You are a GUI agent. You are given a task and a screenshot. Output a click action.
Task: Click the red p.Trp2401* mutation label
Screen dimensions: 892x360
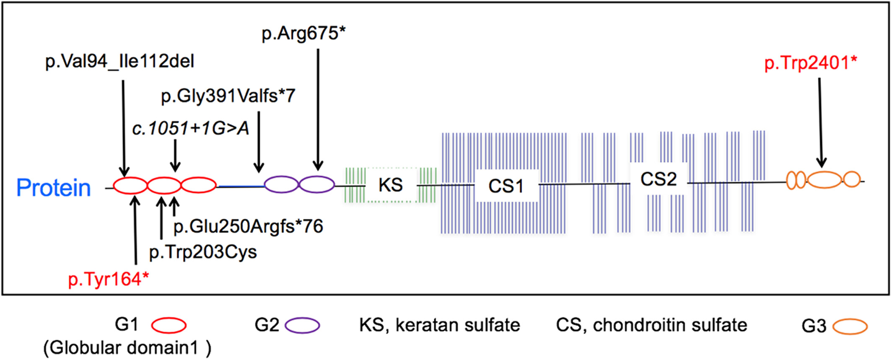tap(811, 63)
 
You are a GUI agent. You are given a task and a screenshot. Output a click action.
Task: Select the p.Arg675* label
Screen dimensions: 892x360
tap(304, 34)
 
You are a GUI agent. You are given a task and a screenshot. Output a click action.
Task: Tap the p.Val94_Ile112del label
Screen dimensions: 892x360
tap(120, 62)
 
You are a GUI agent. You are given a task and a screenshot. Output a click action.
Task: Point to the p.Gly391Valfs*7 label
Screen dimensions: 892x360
tap(228, 96)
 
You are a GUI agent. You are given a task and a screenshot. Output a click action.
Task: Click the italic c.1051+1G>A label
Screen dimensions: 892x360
tap(191, 128)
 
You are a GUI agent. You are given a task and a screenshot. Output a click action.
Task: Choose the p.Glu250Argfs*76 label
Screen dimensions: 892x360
tap(249, 226)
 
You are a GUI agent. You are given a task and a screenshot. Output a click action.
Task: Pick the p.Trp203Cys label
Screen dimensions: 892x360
tap(203, 252)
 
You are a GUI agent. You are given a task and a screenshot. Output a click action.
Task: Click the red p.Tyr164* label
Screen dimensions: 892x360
tap(109, 280)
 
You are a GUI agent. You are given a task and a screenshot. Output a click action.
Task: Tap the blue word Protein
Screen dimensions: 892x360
tap(54, 188)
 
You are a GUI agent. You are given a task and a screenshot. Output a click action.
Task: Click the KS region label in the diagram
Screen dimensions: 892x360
tap(390, 185)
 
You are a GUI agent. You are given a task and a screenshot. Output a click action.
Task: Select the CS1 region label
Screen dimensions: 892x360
tap(506, 186)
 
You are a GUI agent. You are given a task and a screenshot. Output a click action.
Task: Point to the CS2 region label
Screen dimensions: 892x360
tap(659, 179)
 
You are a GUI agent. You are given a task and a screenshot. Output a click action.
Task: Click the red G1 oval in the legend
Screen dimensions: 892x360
tap(169, 325)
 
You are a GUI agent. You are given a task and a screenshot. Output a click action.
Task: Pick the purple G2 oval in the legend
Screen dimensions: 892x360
tap(302, 325)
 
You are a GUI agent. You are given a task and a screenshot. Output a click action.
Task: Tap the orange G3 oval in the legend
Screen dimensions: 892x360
tap(850, 326)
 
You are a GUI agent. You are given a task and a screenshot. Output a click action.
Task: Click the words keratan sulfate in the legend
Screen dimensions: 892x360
tap(458, 325)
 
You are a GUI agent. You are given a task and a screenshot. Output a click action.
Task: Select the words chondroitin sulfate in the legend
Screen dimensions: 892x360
tap(670, 325)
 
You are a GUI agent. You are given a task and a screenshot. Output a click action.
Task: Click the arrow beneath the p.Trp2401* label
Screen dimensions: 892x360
tap(821, 122)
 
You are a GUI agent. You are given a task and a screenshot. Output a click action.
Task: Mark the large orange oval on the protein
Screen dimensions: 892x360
tap(825, 179)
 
